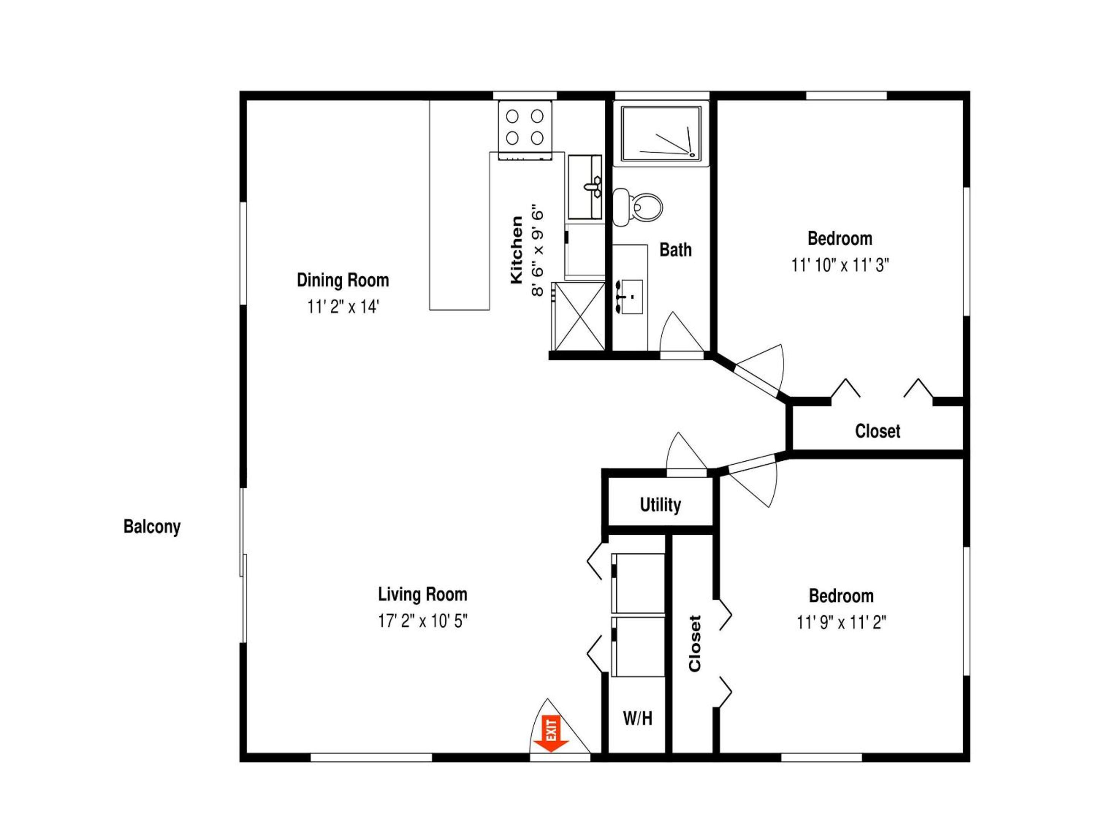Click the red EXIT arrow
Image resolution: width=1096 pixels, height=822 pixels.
click(551, 733)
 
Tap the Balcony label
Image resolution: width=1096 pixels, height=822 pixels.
click(152, 527)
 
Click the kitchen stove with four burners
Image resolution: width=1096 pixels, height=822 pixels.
click(525, 130)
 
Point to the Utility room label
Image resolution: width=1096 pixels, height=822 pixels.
click(661, 505)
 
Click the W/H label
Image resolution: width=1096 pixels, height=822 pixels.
click(638, 718)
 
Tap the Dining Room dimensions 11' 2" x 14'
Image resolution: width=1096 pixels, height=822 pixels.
click(343, 307)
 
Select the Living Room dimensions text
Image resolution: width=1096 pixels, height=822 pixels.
click(423, 621)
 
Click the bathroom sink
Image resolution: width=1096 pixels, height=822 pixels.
click(629, 297)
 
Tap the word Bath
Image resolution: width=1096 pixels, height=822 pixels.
click(676, 250)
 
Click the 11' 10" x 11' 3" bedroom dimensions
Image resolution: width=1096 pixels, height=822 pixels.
click(840, 265)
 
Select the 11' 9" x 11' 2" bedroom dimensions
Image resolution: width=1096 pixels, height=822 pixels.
click(841, 622)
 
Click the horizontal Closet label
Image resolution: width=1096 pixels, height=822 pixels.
click(878, 431)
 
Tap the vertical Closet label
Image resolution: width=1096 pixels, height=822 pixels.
click(695, 644)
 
